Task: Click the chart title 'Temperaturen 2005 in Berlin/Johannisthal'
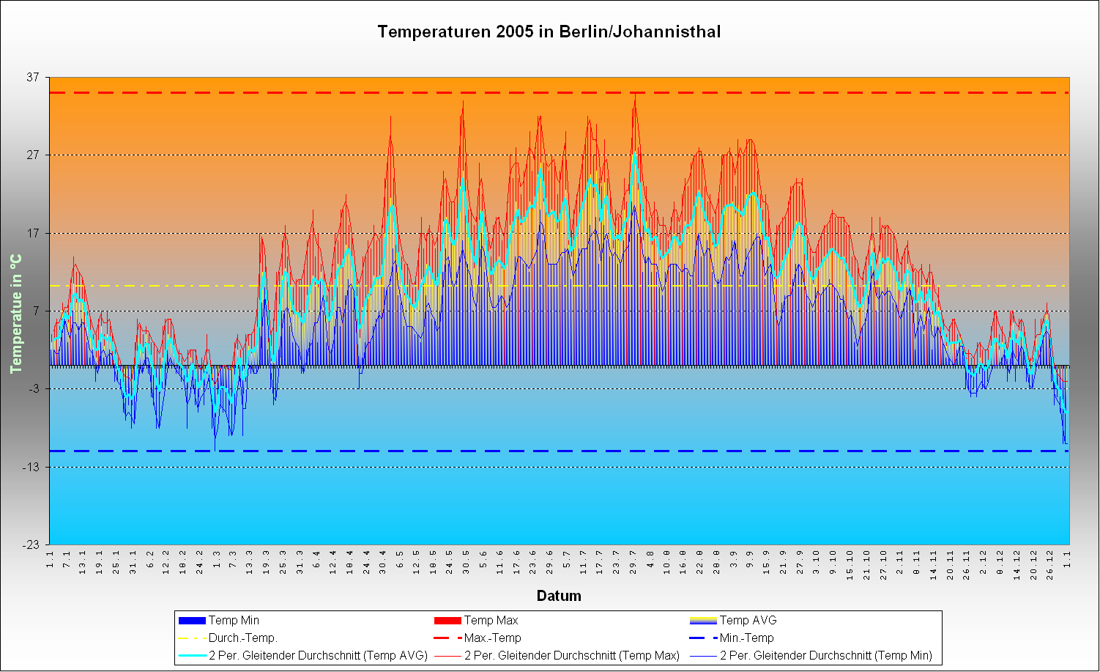549,32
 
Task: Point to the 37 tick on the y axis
34,78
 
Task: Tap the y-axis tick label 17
34,234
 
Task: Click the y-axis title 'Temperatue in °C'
15,313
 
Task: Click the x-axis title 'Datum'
559,596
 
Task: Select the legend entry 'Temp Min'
234,621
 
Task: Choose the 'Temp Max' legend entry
491,621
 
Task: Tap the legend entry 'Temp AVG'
748,621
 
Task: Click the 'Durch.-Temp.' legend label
242,638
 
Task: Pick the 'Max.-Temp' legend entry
492,638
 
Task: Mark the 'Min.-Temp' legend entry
746,638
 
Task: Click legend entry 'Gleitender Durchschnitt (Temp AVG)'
318,656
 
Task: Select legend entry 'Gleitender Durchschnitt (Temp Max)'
571,656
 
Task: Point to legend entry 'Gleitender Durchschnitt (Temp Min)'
825,656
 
